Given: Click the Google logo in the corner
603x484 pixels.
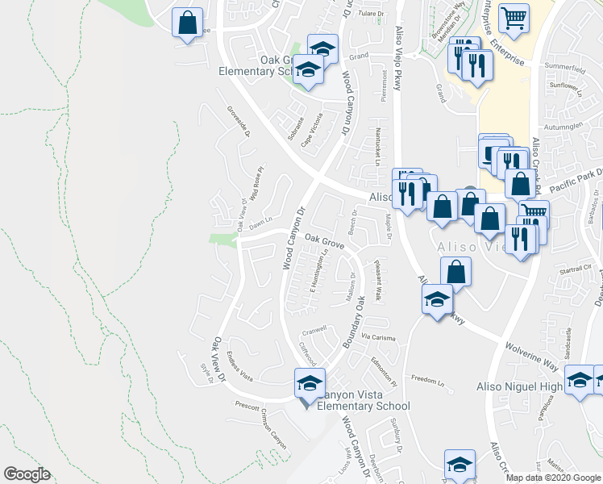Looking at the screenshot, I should point(27,474).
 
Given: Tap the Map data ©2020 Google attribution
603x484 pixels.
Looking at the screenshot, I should point(553,478).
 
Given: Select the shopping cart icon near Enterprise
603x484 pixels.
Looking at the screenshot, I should point(514,16).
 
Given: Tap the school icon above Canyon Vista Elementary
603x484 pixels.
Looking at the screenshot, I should point(309,384).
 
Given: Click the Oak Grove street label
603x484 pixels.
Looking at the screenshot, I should point(325,242).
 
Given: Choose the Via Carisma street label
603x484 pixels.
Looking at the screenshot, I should point(378,337).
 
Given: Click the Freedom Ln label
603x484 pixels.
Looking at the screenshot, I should point(428,379).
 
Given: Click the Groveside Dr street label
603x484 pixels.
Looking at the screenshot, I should point(239,121).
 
